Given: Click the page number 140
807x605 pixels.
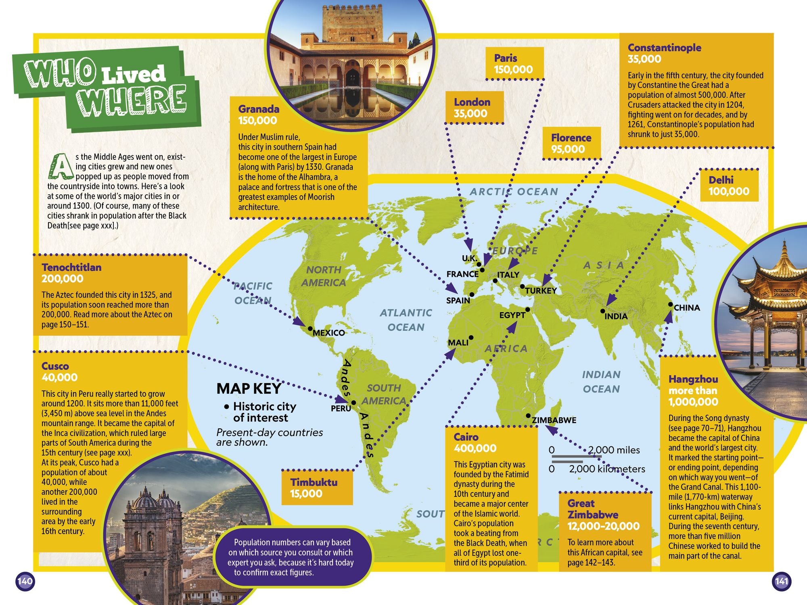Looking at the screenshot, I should (25, 581).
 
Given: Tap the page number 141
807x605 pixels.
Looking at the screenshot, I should (782, 581).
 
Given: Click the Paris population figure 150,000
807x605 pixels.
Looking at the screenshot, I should (513, 69).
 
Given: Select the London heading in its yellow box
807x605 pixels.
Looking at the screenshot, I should (472, 102).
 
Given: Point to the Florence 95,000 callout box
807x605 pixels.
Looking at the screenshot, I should (571, 143).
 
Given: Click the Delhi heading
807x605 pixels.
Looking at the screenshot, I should (721, 180).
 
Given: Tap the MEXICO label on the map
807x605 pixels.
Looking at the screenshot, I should (328, 333).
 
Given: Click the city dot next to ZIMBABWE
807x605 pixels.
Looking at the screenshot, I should (528, 416).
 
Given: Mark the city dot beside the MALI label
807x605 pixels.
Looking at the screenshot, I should (471, 338).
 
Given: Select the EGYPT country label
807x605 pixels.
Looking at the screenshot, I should (512, 315).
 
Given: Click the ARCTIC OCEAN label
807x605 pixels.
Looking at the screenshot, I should (514, 192).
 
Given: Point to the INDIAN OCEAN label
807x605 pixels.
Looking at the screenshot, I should (601, 382).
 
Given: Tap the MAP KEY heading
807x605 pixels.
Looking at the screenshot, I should (249, 388).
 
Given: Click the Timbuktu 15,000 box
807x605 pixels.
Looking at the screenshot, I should (317, 488).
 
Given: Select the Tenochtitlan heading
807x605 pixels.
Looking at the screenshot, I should (71, 267).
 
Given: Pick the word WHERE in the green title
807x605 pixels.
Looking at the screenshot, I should (133, 100).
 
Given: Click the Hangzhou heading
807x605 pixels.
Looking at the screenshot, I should (693, 379).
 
